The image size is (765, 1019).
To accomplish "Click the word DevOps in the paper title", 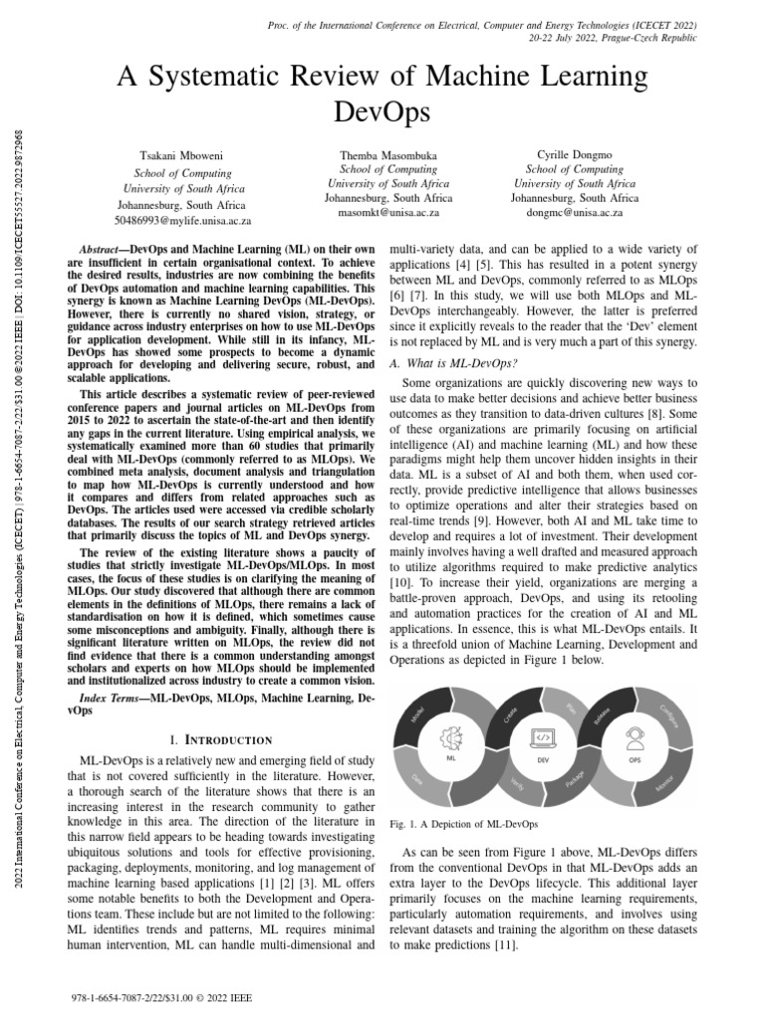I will (382, 111).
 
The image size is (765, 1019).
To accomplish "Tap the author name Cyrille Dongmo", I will (575, 156).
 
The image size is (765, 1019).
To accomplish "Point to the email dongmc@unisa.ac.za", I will (575, 213).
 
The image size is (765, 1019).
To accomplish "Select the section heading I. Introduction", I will (221, 739).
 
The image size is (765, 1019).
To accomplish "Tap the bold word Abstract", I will (109, 247).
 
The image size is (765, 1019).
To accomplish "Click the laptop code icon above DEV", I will (544, 737).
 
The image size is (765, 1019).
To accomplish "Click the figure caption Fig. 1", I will (463, 825).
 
